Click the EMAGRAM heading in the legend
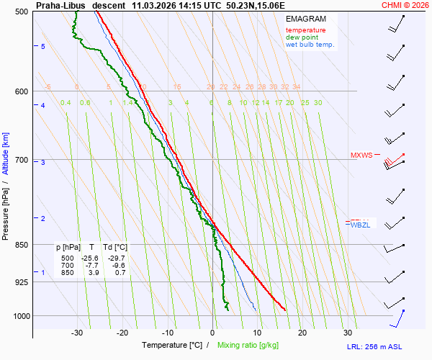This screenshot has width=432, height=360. pyautogui.click(x=305, y=18)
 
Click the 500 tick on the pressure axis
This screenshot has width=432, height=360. pyautogui.click(x=22, y=12)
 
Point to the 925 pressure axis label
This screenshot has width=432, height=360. pyautogui.click(x=22, y=282)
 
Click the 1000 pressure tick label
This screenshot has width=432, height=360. pyautogui.click(x=20, y=315)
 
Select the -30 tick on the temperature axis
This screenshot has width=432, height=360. pyautogui.click(x=77, y=333)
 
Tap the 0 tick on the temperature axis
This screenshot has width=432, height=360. pyautogui.click(x=212, y=333)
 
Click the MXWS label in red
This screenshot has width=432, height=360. pyautogui.click(x=361, y=155)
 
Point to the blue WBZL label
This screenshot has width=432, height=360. pyautogui.click(x=360, y=225)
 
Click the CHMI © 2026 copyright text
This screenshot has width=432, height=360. pyautogui.click(x=406, y=4)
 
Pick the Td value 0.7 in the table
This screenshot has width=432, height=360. pyautogui.click(x=120, y=272)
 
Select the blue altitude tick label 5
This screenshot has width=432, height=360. pyautogui.click(x=43, y=46)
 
